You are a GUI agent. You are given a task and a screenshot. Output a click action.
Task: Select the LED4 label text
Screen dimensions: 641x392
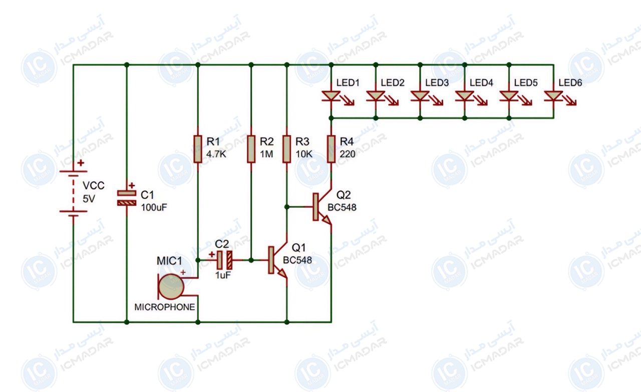481,83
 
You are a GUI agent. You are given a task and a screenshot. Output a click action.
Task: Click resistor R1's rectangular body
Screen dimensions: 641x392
198,149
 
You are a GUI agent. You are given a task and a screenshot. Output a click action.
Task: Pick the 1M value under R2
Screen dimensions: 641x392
266,154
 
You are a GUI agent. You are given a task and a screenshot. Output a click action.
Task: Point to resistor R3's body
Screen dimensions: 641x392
287,149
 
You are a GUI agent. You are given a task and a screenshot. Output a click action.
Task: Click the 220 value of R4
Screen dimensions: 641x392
348,154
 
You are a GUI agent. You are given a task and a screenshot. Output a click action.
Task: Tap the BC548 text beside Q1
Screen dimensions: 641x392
297,260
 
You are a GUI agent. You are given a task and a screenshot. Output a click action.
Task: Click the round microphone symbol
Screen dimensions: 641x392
171,286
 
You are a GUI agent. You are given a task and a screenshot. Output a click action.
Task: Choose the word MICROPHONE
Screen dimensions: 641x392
165,307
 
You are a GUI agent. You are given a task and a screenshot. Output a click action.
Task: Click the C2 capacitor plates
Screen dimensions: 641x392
224,260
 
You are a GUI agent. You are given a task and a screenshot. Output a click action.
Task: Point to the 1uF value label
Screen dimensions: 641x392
223,275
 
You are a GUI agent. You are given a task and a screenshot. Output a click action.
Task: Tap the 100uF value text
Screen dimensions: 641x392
154,207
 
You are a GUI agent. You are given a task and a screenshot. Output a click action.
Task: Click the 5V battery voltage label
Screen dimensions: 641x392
89,198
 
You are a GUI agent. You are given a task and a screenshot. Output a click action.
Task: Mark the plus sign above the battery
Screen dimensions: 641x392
81,163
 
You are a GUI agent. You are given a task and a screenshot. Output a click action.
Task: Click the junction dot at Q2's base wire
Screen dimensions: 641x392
287,207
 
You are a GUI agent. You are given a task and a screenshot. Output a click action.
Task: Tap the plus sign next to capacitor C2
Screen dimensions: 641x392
211,254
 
